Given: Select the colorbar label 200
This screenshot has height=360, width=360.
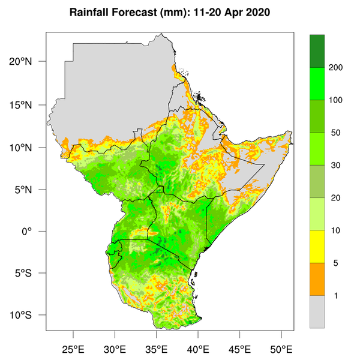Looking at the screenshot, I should point(335,67).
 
